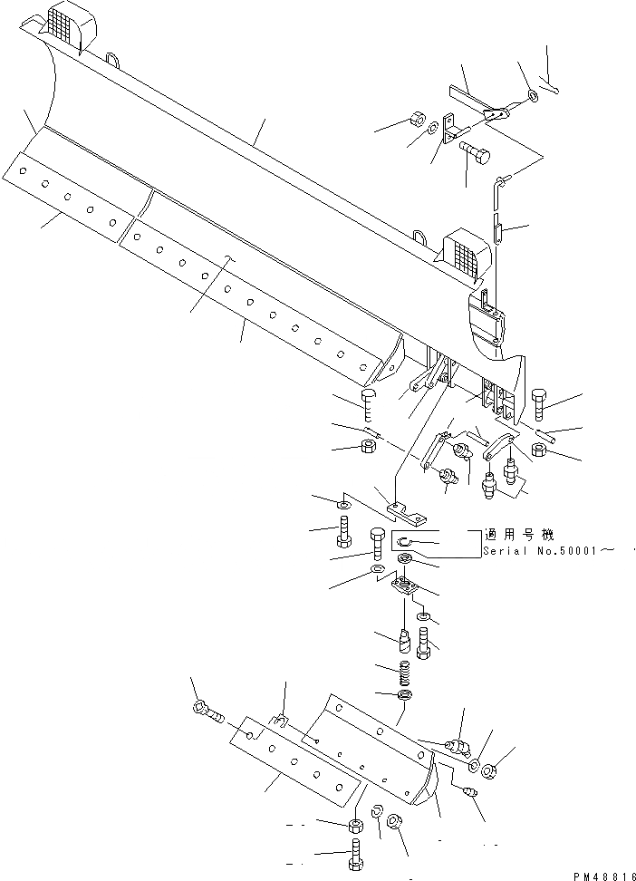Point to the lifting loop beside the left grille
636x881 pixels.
coord(113,61)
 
